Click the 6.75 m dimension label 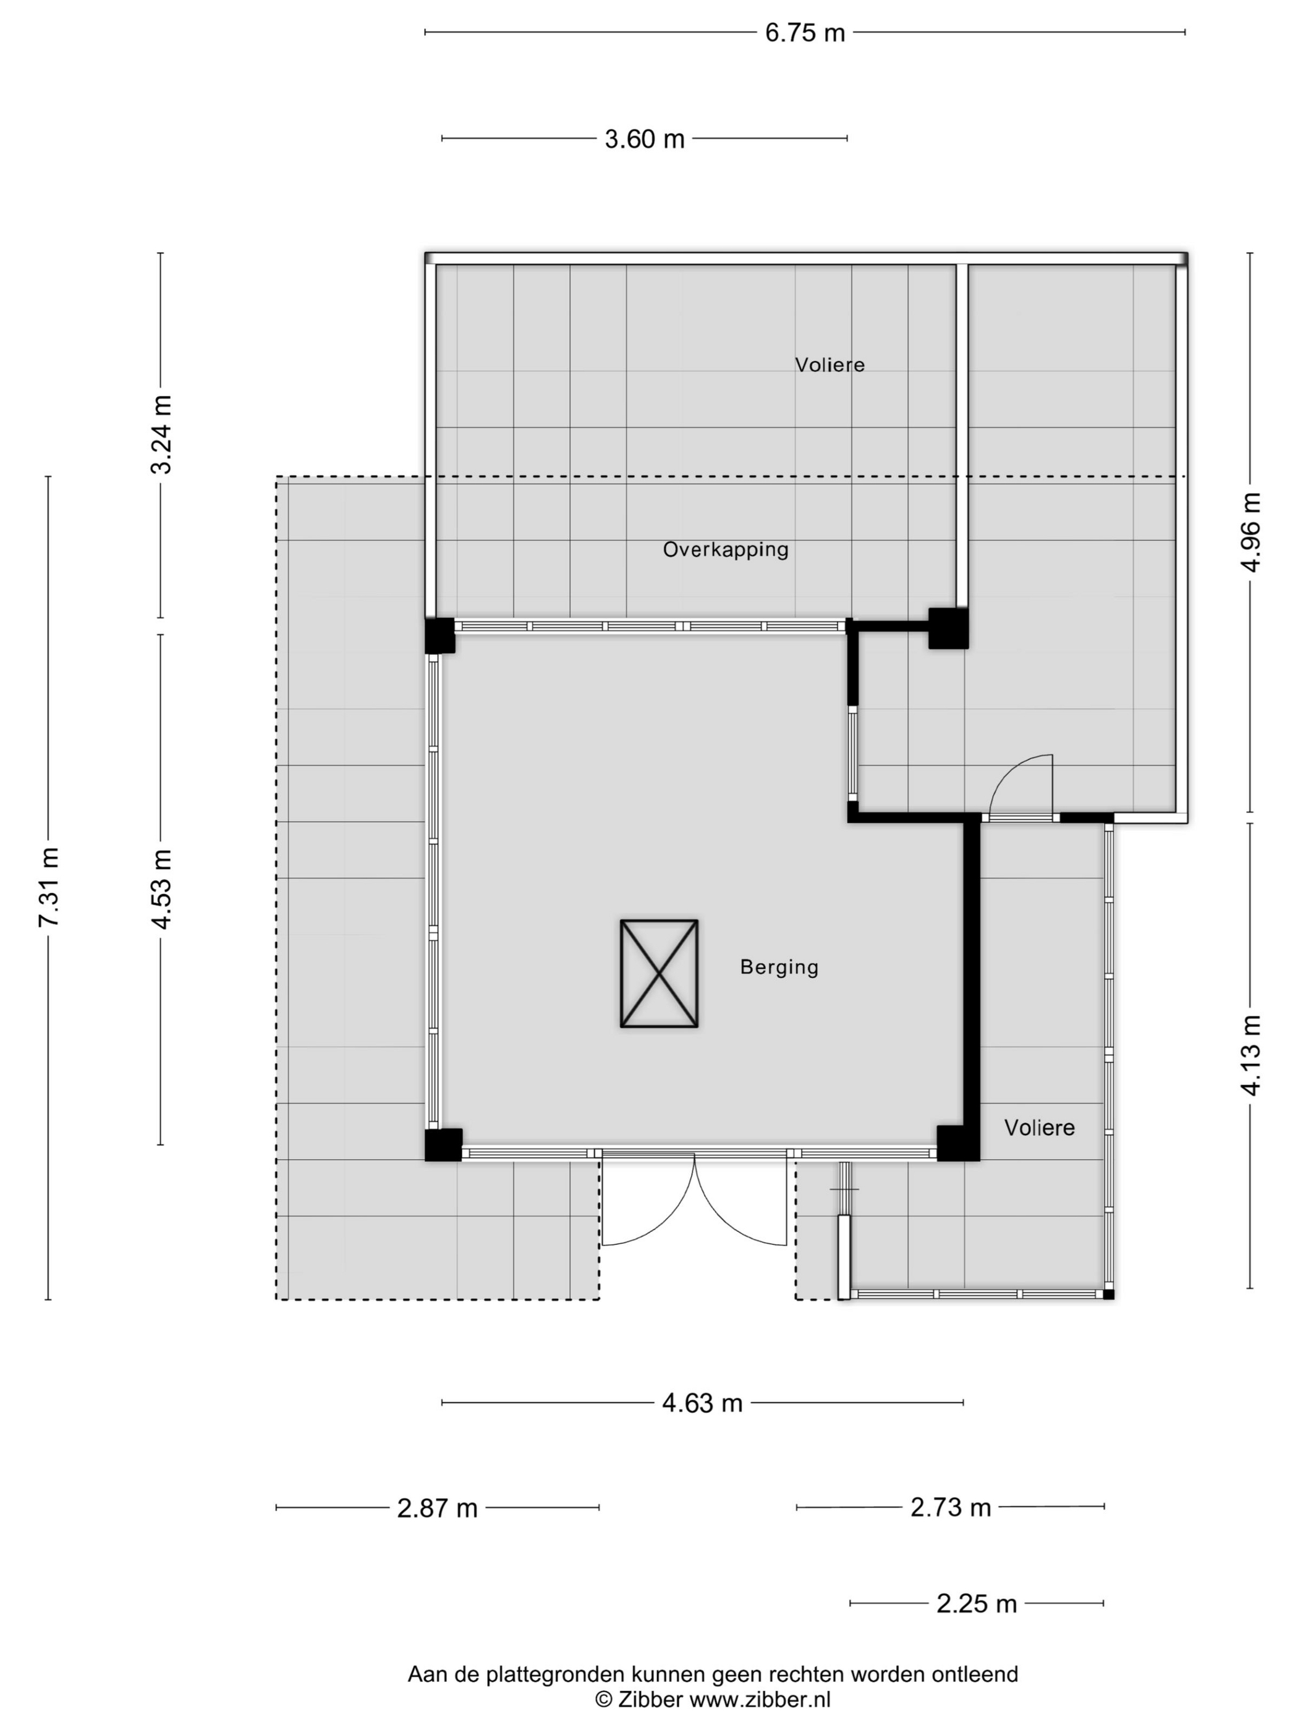click(x=805, y=33)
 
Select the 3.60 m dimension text click(x=645, y=139)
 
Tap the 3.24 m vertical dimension click(x=162, y=435)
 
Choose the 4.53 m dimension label click(x=162, y=889)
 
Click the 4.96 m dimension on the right click(x=1251, y=532)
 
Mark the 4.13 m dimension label click(x=1251, y=1055)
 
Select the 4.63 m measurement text click(x=702, y=1403)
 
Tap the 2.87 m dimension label click(x=438, y=1508)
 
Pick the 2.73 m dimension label click(x=951, y=1507)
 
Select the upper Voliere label click(x=830, y=365)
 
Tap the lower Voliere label click(x=1040, y=1128)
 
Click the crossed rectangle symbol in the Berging click(x=660, y=974)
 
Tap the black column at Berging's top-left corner click(x=439, y=636)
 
